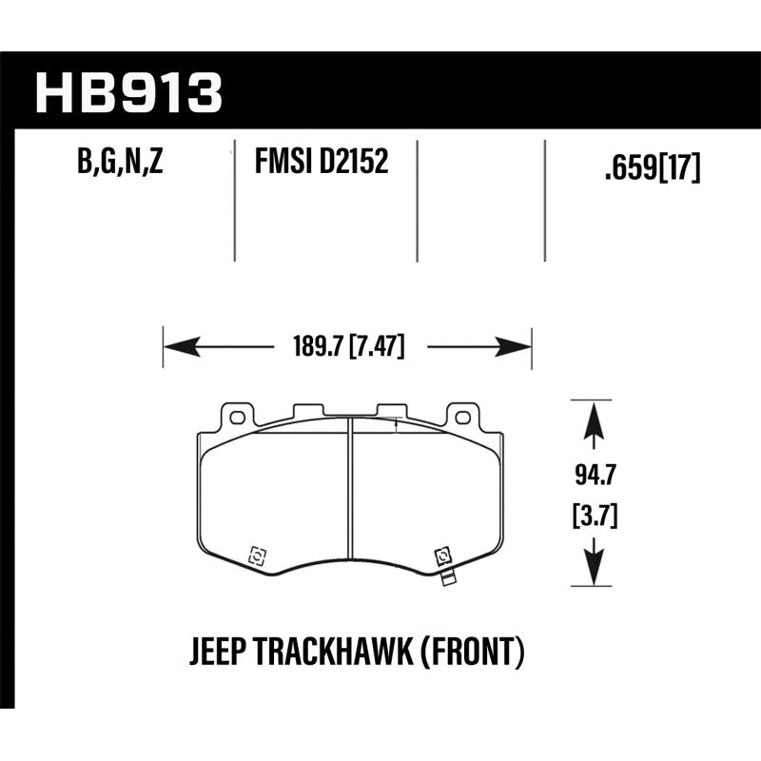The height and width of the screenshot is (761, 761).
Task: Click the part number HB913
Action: (x=127, y=92)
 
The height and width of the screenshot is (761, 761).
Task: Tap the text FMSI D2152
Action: (x=321, y=163)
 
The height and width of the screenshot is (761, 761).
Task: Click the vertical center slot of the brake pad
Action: (x=349, y=495)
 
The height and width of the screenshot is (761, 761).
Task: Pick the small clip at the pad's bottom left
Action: (x=254, y=556)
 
